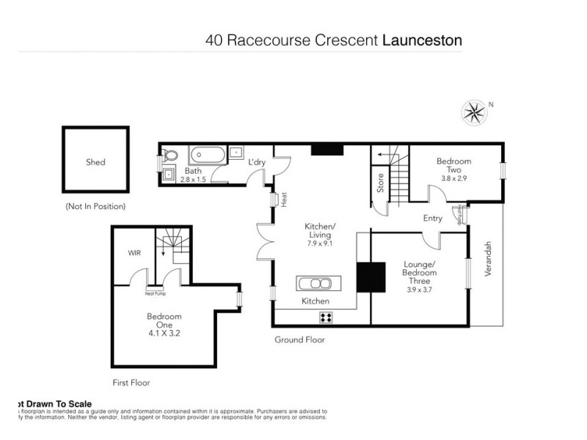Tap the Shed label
point(95,162)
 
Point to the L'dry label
point(256,161)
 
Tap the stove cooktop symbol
point(326,318)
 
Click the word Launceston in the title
point(423,40)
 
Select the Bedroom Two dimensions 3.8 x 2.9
point(453,177)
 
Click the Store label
point(381,183)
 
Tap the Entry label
point(433,218)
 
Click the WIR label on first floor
point(134,253)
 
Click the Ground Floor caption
point(299,340)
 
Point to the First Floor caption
point(131,382)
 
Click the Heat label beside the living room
point(282,199)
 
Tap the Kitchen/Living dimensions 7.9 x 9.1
point(320,243)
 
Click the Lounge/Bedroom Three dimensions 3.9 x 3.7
point(420,290)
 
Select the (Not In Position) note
point(95,206)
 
